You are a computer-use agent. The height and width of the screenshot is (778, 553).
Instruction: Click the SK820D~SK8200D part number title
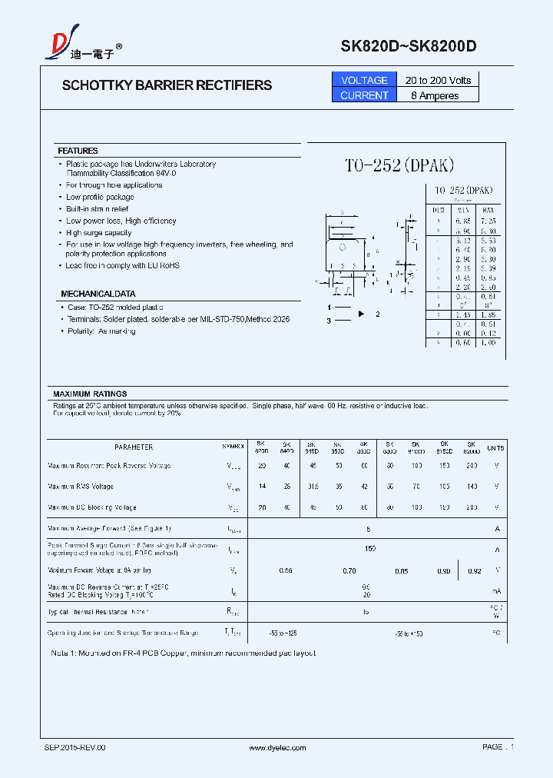[409, 47]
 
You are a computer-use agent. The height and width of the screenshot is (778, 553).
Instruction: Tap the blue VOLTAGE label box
[364, 80]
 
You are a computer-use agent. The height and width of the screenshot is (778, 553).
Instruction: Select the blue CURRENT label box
[364, 95]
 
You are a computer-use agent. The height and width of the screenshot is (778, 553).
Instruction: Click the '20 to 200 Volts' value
[438, 80]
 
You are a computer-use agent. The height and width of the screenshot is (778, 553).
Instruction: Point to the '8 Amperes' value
[435, 95]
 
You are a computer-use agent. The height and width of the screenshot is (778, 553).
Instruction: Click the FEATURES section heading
[78, 151]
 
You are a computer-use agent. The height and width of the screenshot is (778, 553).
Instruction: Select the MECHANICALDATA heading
[98, 294]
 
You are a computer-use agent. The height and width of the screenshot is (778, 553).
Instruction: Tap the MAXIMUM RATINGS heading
[90, 394]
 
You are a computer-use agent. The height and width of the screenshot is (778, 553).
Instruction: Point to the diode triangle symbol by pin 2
[362, 314]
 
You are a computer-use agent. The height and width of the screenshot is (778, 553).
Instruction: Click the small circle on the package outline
[343, 248]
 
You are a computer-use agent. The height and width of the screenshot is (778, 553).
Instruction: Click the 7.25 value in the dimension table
[488, 221]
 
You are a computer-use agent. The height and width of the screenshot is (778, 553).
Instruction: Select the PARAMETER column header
[134, 447]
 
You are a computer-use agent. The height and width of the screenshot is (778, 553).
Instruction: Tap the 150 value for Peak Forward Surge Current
[369, 549]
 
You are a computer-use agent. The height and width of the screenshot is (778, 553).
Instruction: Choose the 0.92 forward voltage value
[474, 570]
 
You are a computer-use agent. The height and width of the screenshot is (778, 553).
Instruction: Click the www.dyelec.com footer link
[277, 747]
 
